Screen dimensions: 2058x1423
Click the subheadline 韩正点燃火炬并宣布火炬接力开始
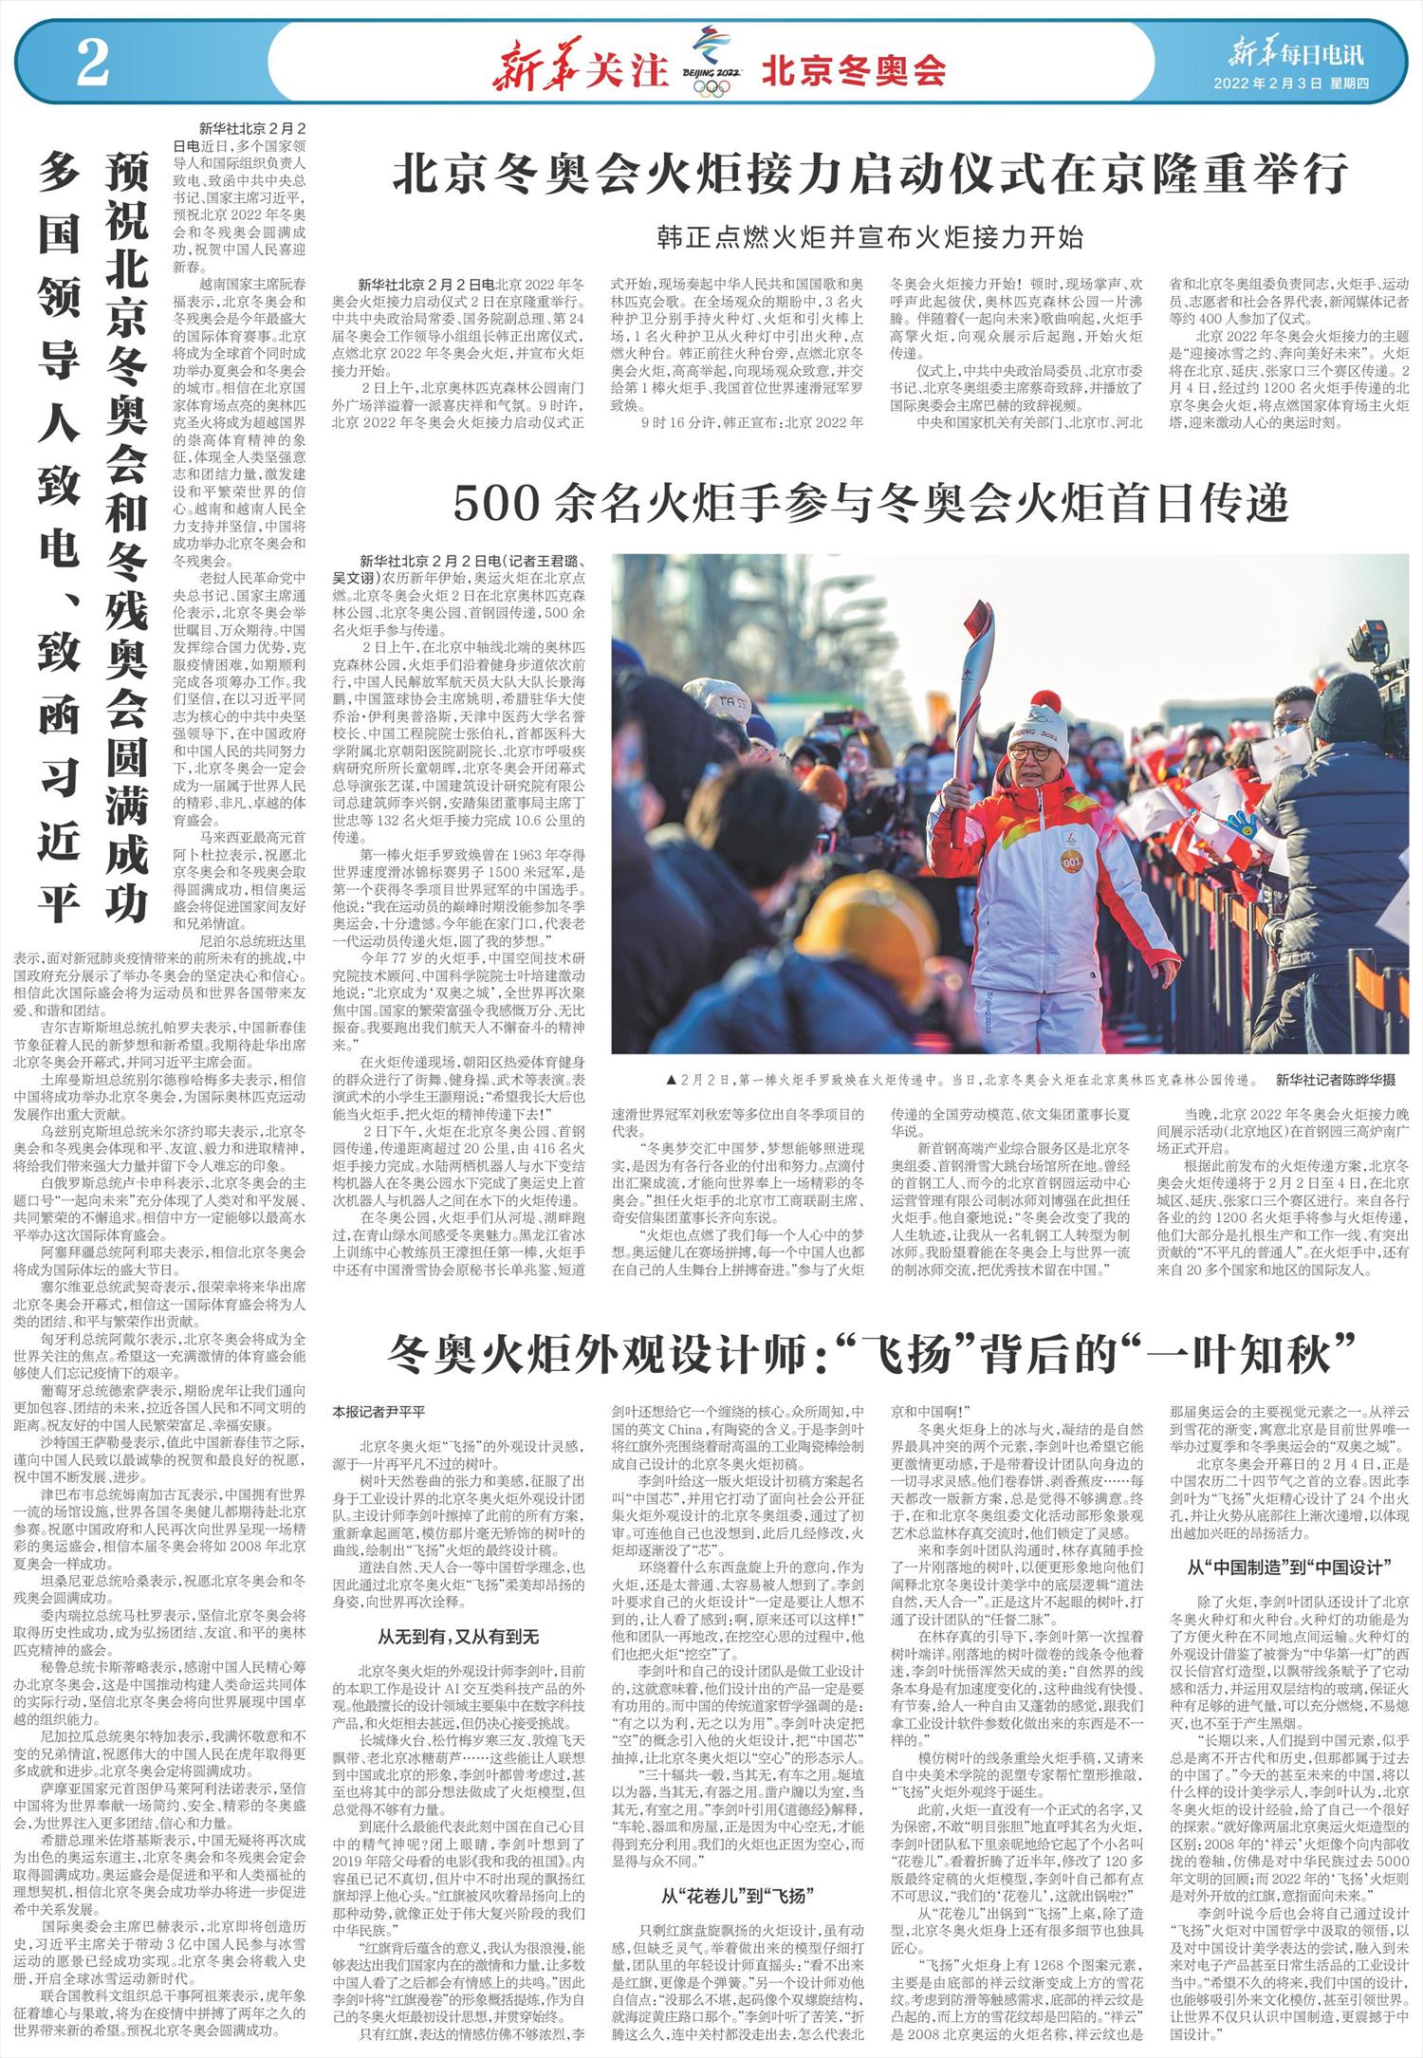[x=870, y=236]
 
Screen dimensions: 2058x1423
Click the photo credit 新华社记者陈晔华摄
[x=1335, y=1081]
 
